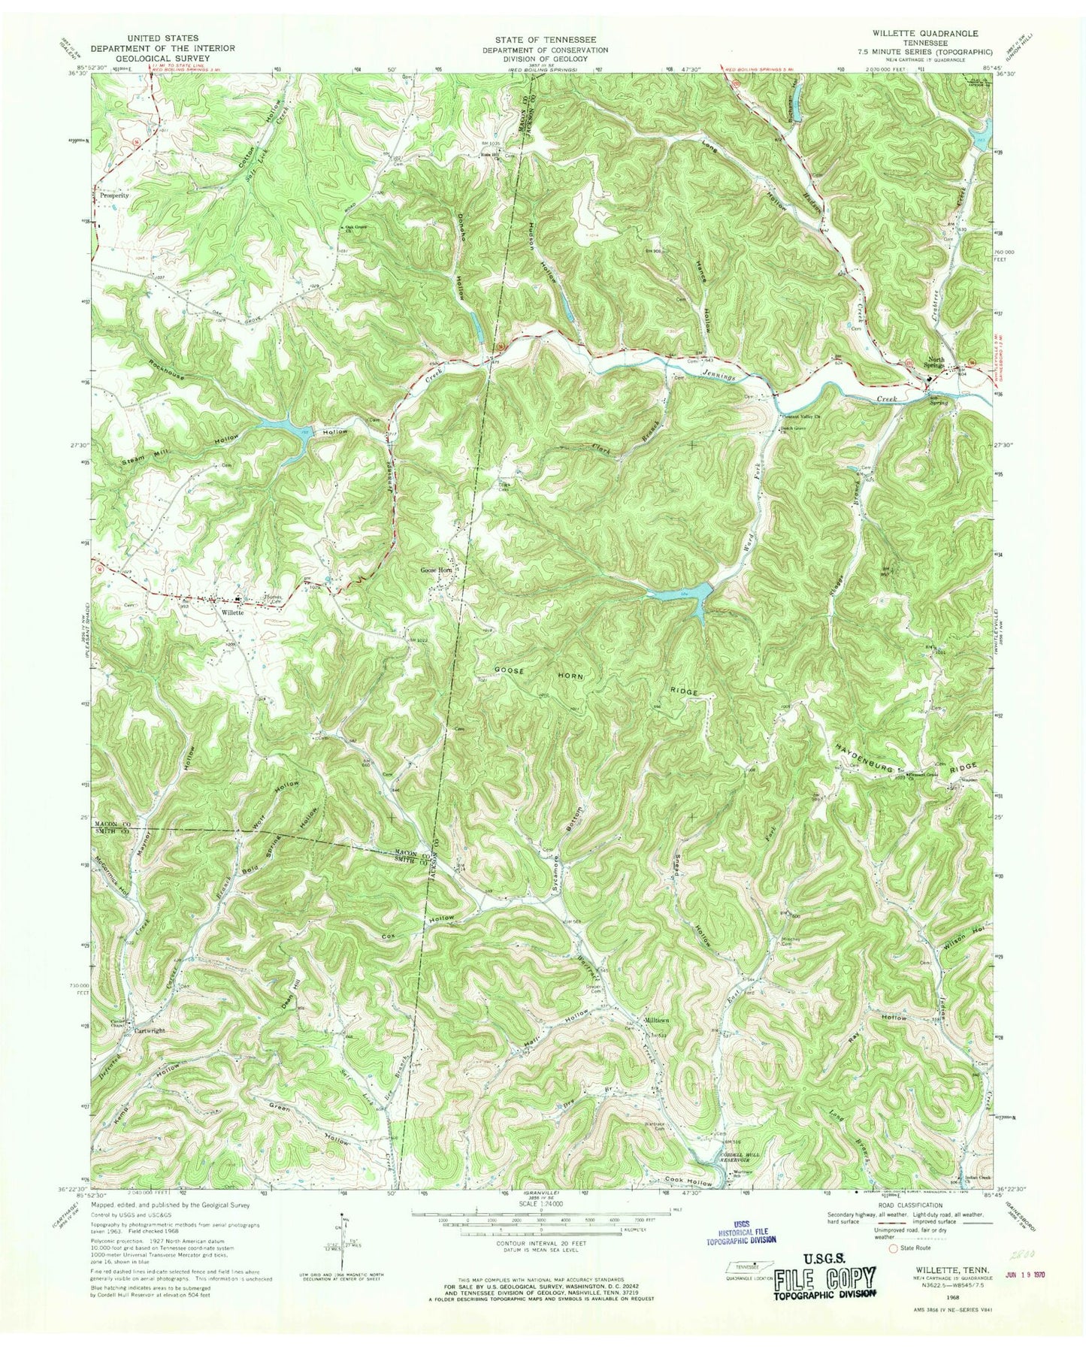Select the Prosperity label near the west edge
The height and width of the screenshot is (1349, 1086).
click(x=115, y=194)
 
